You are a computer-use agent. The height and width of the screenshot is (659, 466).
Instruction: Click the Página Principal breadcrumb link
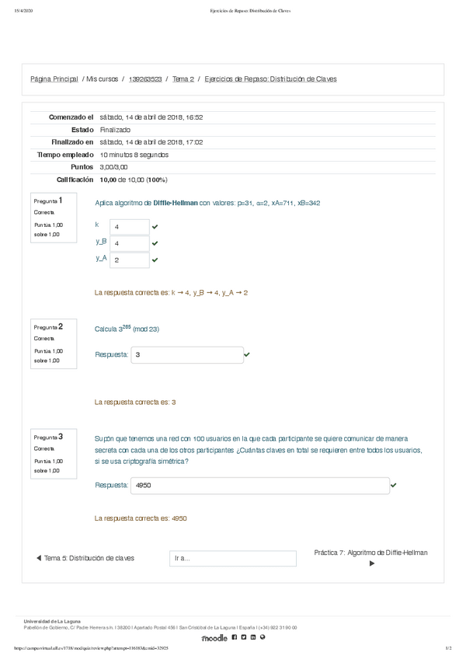54,79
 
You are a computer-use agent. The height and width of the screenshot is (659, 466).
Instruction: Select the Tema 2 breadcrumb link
183,79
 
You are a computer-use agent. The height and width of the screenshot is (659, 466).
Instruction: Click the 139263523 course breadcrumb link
144,79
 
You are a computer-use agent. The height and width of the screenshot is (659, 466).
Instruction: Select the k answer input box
129,227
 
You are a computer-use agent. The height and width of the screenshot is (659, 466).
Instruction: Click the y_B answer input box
129,243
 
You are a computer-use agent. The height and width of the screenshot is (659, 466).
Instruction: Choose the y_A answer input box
129,260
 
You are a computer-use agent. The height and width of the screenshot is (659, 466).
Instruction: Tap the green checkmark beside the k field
155,227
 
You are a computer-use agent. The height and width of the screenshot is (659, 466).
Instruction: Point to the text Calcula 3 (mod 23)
127,329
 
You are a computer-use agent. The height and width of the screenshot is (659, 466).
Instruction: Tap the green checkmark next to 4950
394,485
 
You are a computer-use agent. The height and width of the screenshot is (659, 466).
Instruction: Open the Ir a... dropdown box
233,558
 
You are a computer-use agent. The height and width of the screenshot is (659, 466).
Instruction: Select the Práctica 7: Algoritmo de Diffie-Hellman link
370,553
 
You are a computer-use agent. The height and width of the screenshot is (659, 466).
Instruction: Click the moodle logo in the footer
214,638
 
